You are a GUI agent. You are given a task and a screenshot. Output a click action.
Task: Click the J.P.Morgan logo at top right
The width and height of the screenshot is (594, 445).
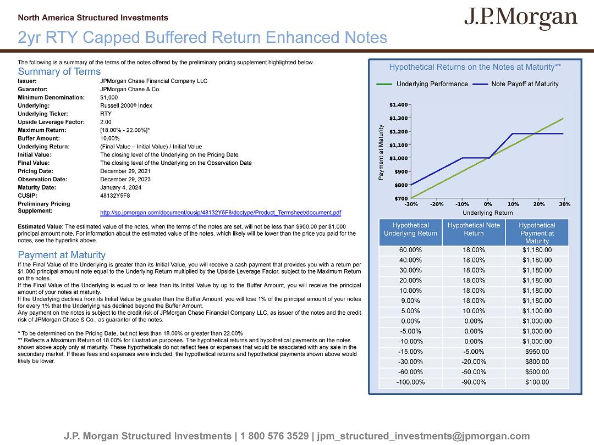pyautogui.click(x=520, y=19)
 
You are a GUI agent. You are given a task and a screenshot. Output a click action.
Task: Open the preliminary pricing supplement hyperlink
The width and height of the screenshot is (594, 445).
pyautogui.click(x=221, y=213)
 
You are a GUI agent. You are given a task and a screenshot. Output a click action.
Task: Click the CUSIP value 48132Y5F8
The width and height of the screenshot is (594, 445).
pyautogui.click(x=115, y=195)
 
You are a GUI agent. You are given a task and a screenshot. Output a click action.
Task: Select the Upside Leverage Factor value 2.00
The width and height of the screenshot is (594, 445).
pyautogui.click(x=106, y=122)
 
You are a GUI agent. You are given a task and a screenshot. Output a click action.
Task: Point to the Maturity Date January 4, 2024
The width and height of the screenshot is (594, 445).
pyautogui.click(x=120, y=187)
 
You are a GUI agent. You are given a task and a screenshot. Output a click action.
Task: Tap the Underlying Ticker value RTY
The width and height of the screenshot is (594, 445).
pyautogui.click(x=106, y=114)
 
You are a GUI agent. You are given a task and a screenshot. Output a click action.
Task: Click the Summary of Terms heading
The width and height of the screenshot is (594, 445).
pyautogui.click(x=59, y=71)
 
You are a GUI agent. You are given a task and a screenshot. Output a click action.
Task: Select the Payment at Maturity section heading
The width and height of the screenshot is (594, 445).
pyautogui.click(x=62, y=255)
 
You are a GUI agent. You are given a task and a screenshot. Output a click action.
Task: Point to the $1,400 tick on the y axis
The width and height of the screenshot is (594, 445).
pyautogui.click(x=398, y=104)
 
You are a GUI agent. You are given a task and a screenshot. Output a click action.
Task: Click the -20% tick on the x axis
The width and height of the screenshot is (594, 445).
pyautogui.click(x=437, y=204)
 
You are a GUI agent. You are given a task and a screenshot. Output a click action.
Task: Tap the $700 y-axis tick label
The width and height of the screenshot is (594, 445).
pyautogui.click(x=401, y=198)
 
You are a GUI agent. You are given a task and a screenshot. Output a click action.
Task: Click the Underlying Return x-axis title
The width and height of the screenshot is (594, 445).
pyautogui.click(x=487, y=213)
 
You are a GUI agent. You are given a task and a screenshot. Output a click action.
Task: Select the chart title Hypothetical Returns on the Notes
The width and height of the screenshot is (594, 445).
pyautogui.click(x=475, y=67)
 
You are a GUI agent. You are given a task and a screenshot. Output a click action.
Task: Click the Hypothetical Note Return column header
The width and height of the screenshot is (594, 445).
pyautogui.click(x=474, y=229)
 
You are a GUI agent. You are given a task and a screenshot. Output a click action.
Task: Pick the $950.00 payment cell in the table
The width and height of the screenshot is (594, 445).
pyautogui.click(x=536, y=352)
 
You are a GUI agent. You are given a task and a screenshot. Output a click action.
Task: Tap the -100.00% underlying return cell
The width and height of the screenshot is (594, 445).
pyautogui.click(x=410, y=382)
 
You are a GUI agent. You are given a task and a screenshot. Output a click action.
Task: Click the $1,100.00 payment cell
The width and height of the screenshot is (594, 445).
pyautogui.click(x=536, y=310)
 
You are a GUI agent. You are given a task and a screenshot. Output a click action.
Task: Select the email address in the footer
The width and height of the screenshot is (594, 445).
pyautogui.click(x=424, y=436)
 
